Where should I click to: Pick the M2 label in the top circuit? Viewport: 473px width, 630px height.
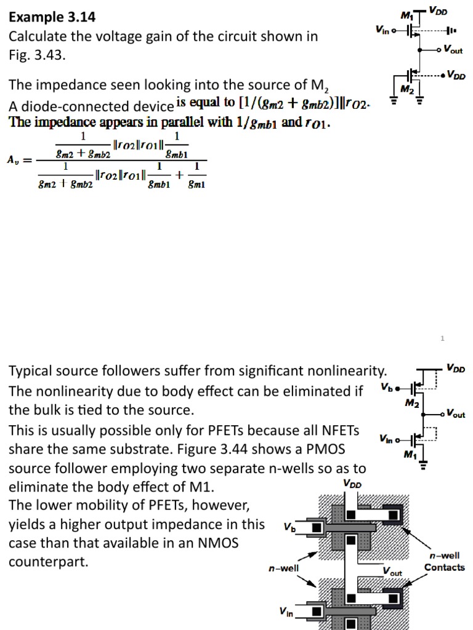(406, 89)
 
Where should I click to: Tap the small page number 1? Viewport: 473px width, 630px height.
(442, 338)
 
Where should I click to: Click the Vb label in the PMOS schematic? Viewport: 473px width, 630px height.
(386, 388)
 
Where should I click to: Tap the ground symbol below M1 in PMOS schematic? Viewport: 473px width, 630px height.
(422, 466)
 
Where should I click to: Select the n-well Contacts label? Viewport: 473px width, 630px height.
(444, 562)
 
